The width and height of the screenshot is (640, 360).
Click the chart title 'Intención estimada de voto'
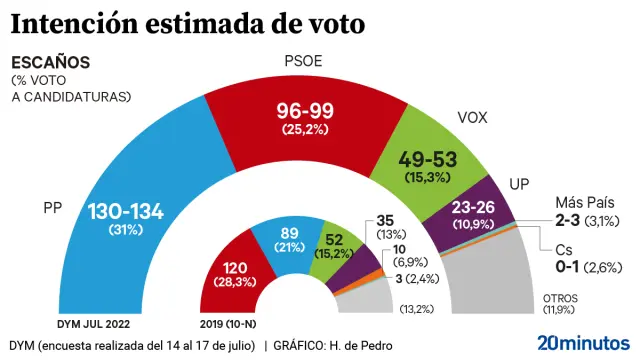point(187,21)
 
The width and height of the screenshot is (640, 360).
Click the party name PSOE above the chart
point(303,62)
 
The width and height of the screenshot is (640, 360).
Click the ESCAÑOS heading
point(50,62)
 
